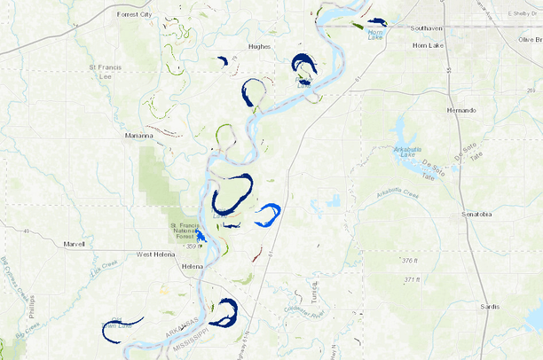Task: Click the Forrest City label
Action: tap(135, 14)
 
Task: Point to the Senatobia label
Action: tap(476, 215)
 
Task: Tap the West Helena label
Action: tap(155, 254)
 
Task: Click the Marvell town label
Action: tap(74, 243)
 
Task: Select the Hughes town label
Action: tap(260, 46)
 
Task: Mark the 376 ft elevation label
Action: tap(409, 261)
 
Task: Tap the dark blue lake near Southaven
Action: tap(379, 22)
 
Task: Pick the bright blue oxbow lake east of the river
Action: tap(269, 213)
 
